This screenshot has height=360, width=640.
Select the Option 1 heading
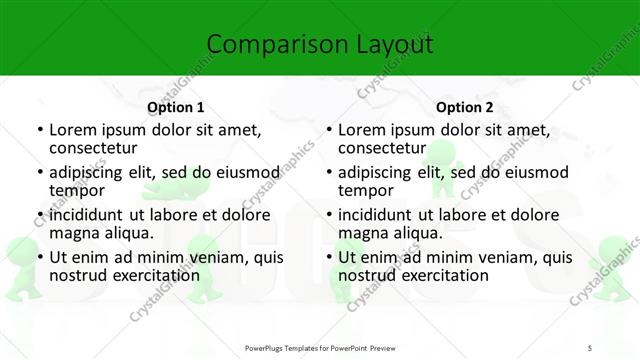click(x=176, y=107)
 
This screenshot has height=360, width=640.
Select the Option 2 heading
click(x=465, y=107)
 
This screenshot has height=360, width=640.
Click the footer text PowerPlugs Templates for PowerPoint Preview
click(x=319, y=347)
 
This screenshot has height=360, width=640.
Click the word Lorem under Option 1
click(x=73, y=130)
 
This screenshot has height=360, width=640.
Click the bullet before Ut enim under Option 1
click(x=39, y=257)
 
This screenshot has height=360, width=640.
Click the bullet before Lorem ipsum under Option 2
click(x=328, y=131)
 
